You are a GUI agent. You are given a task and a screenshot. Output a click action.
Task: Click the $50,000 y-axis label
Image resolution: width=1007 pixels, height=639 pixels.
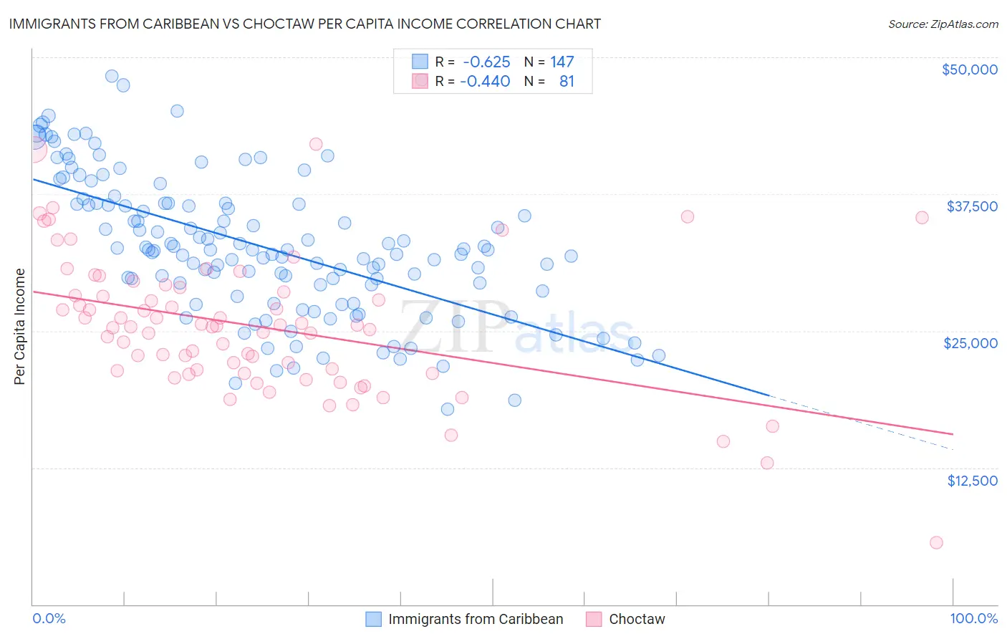[969, 69]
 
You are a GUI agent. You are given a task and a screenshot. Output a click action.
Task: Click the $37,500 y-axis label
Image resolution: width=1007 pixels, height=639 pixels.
[972, 206]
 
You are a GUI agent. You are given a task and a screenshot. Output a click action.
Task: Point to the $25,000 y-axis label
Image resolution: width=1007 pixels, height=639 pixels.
[970, 343]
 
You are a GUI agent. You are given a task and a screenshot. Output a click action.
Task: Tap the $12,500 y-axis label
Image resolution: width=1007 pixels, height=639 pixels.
[972, 481]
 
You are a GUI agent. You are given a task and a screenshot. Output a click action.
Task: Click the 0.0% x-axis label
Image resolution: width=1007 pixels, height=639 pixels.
[49, 618]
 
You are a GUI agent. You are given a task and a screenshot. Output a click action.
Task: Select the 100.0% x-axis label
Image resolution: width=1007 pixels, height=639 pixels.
[973, 618]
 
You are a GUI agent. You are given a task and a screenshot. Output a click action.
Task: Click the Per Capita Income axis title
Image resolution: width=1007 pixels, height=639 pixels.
[20, 326]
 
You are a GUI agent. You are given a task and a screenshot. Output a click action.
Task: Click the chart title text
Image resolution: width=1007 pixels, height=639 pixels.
[304, 24]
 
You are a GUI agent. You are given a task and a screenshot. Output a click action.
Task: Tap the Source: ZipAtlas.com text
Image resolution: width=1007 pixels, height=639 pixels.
[943, 24]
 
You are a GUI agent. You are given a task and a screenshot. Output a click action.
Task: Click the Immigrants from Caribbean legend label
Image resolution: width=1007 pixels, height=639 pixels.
[476, 619]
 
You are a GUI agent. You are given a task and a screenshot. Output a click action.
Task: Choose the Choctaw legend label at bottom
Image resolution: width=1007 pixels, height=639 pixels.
[637, 619]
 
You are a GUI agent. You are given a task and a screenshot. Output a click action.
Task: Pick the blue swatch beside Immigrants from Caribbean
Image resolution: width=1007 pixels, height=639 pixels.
[374, 619]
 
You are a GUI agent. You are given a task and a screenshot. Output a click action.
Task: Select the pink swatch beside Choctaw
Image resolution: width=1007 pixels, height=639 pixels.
[594, 619]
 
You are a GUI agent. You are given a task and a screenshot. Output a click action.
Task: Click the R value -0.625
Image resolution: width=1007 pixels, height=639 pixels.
[486, 62]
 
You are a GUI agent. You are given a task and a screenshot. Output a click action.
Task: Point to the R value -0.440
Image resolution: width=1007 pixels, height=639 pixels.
[486, 82]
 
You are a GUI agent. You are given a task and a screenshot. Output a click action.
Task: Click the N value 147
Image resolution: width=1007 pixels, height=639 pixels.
[562, 62]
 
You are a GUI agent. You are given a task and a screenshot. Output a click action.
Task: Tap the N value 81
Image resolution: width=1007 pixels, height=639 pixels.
[567, 82]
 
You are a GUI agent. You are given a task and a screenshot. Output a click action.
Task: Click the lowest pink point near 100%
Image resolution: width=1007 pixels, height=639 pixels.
[936, 542]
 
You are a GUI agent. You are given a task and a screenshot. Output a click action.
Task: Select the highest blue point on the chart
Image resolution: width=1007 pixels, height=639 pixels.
[112, 76]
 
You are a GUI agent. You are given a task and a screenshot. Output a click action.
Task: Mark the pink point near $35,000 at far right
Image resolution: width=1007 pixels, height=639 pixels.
[922, 218]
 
